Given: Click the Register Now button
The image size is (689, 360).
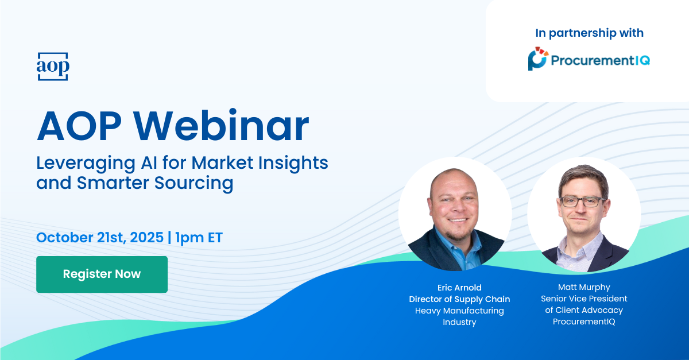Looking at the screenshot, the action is pos(102,274).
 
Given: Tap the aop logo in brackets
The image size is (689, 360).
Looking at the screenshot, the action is pos(53,67).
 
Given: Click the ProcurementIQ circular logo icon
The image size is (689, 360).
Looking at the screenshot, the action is pos(537,59).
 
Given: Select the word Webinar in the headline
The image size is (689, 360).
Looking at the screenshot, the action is pos(221,126).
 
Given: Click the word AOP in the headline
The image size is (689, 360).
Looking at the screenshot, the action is pos(79,126).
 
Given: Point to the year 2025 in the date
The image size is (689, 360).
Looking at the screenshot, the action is pos(147,237).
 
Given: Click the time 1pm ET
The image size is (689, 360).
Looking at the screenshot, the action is pos(199,238).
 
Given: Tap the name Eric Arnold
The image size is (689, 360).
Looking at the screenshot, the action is pos(459,288).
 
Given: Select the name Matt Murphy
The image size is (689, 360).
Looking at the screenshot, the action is pos(584,288).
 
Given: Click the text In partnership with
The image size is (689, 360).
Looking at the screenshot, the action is pos(589,33).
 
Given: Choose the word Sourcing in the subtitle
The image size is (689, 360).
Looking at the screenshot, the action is pos(194,184).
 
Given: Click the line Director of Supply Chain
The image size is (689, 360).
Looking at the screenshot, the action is pos(459,299).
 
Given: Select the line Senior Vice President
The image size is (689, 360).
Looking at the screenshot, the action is pos(584,299).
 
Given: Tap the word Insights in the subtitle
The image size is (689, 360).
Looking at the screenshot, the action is pos(293,164).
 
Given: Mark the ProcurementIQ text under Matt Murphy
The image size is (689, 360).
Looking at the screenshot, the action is pos(584,322).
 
